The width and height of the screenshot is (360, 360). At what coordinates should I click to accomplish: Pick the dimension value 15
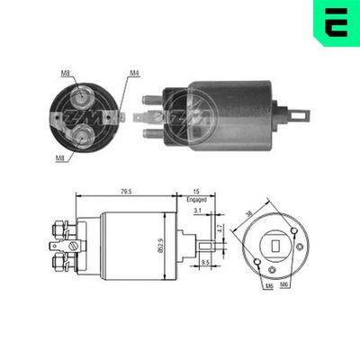point(197,192)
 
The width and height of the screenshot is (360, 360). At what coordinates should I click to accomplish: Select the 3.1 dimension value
point(197,211)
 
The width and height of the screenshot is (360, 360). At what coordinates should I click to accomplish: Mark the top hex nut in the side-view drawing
point(64,224)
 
